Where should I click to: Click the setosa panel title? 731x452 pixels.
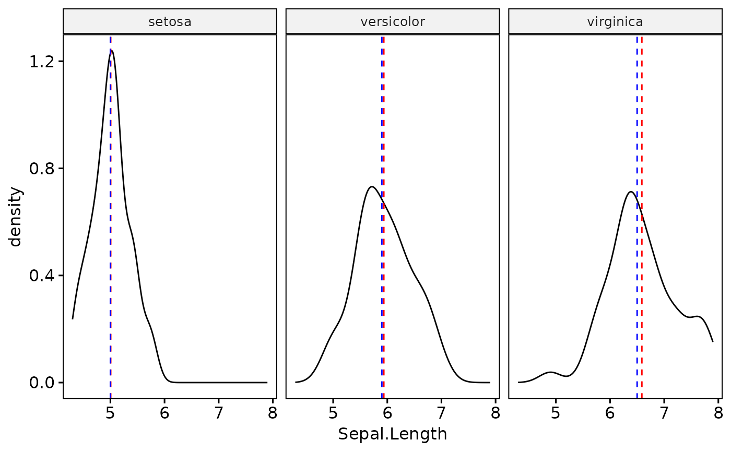(170, 22)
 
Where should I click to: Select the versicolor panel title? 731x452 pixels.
(393, 22)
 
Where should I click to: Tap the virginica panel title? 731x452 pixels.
(615, 22)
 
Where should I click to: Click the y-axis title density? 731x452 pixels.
(17, 217)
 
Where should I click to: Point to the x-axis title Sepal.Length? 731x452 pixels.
(393, 434)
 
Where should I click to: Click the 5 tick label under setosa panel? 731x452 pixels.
(110, 413)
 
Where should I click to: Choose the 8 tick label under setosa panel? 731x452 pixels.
(272, 413)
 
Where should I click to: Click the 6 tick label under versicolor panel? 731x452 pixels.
(387, 413)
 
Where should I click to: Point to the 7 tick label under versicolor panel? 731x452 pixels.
(441, 413)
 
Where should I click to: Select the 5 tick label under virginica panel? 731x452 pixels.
(556, 413)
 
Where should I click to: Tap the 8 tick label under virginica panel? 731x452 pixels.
(718, 413)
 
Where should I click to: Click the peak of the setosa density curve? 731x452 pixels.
(112, 51)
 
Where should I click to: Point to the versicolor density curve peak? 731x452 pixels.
(371, 187)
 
